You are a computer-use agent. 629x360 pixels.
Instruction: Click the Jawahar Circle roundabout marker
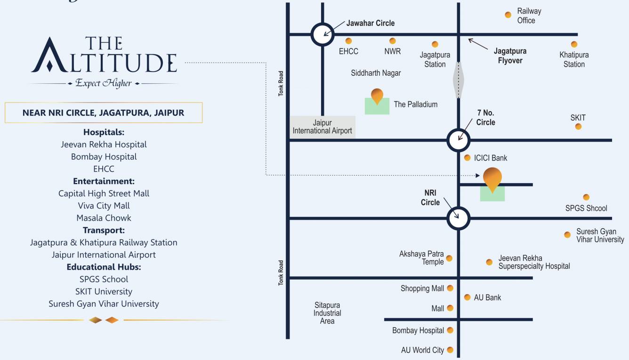click(x=323, y=34)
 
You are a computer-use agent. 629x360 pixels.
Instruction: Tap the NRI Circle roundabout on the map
click(x=459, y=218)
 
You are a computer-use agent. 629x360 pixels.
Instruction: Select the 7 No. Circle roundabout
click(x=459, y=140)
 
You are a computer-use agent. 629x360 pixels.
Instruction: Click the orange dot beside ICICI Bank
click(x=467, y=158)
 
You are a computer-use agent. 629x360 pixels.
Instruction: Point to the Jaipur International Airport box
click(x=323, y=127)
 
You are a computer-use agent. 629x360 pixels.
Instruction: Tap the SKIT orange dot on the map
click(x=578, y=127)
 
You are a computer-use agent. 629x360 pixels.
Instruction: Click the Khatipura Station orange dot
click(x=574, y=45)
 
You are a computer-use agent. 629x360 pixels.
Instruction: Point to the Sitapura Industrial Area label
click(x=327, y=313)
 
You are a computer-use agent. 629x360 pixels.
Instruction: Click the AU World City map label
click(x=422, y=350)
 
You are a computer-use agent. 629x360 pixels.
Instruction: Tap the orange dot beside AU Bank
click(x=467, y=297)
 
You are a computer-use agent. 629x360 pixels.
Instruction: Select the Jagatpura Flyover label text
click(x=510, y=56)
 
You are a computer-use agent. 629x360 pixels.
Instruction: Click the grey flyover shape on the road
click(x=459, y=80)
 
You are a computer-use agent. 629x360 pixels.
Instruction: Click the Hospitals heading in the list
click(x=104, y=132)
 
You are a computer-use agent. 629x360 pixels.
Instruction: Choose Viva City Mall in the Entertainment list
click(x=104, y=206)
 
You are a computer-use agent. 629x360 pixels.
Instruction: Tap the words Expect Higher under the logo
click(x=104, y=83)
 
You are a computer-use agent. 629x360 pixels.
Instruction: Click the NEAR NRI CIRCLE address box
click(x=104, y=113)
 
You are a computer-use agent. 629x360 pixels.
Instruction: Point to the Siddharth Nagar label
click(x=376, y=73)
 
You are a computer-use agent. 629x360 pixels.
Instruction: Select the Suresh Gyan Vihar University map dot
click(x=567, y=235)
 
